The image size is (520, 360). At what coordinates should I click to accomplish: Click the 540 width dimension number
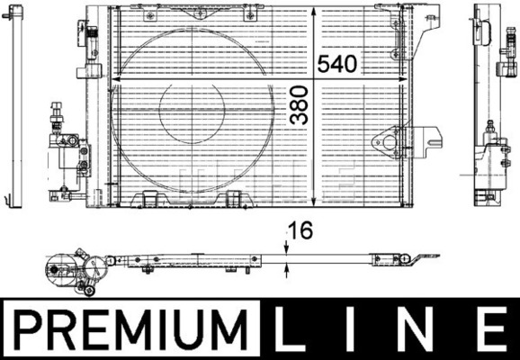(x=337, y=64)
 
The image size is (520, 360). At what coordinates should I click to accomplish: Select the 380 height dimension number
(x=299, y=104)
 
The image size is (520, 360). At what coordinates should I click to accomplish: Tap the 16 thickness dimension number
(x=300, y=230)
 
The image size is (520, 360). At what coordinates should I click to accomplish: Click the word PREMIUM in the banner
(x=131, y=329)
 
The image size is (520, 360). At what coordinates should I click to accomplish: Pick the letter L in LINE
(x=289, y=329)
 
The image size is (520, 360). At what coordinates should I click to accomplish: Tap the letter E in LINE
(x=493, y=329)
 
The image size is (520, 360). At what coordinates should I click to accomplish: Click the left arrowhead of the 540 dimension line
(x=115, y=79)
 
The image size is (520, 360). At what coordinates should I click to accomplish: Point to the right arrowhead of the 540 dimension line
(x=402, y=79)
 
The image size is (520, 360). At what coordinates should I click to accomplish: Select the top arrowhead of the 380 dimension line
(x=314, y=11)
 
